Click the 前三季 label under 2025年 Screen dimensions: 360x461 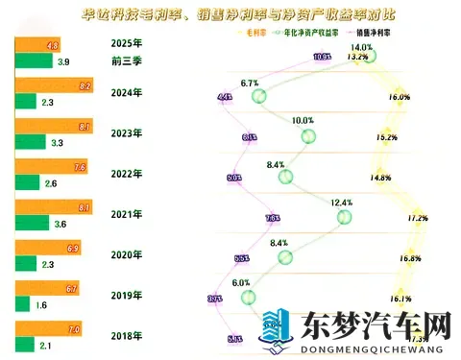(127, 60)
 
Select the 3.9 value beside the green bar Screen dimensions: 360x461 (62, 61)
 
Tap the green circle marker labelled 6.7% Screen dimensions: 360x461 (257, 97)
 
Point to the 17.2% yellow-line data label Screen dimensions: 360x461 (417, 218)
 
